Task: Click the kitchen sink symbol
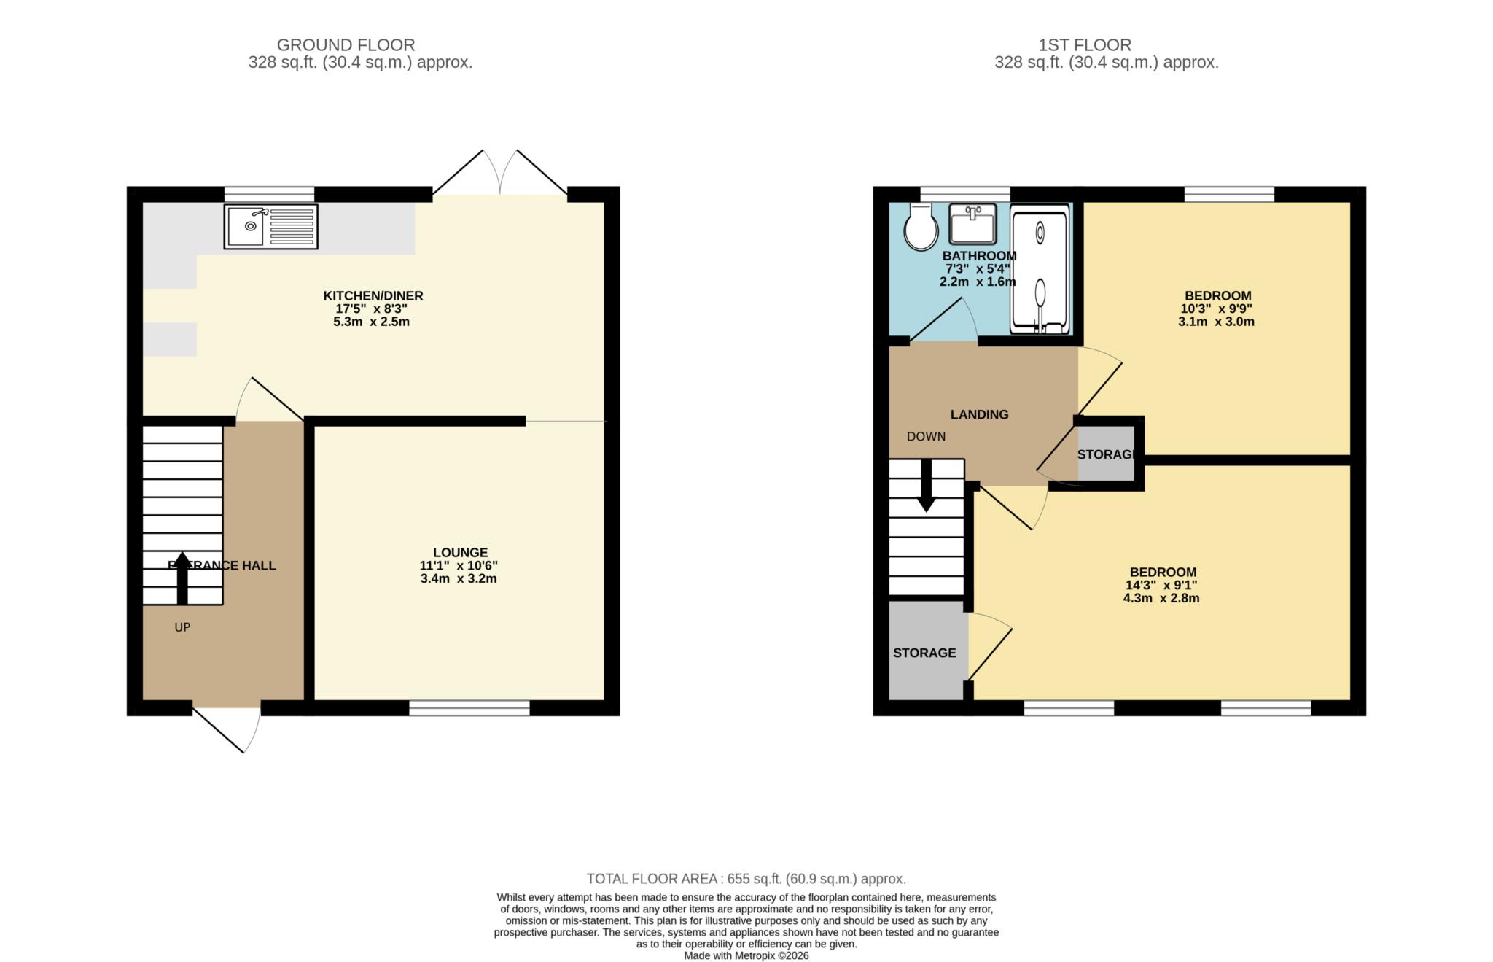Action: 270,226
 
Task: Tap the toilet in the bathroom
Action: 921,227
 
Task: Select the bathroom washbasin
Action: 972,224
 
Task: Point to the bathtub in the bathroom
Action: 1040,269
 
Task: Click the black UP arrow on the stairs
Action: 182,578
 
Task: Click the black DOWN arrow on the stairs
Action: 927,486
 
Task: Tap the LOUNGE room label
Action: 460,553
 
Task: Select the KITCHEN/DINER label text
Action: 373,295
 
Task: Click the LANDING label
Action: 979,414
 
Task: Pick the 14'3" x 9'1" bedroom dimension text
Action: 1161,585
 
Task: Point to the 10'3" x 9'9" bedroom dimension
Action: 1217,309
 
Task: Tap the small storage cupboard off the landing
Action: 1106,454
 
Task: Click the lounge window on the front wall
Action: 469,707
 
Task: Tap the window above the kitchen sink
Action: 269,194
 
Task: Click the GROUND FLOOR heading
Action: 346,45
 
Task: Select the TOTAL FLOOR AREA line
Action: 746,879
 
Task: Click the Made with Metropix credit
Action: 746,955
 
